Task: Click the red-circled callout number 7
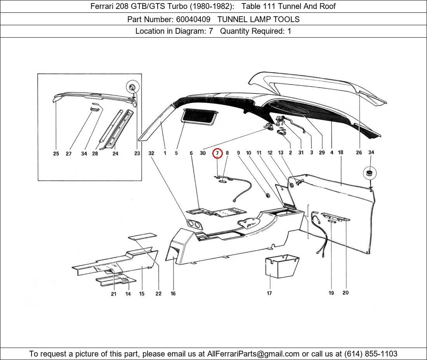(x=217, y=153)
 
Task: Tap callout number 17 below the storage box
(x=269, y=293)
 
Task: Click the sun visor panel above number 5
(x=199, y=115)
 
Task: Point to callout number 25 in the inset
(x=56, y=154)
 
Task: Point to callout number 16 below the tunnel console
(x=173, y=294)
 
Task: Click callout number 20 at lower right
(x=345, y=293)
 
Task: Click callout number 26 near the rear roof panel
(x=359, y=153)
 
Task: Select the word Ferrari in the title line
(x=103, y=6)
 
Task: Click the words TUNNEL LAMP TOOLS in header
(x=258, y=19)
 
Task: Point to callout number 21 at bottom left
(x=113, y=294)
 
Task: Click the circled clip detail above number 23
(x=132, y=87)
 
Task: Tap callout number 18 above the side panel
(x=340, y=153)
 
